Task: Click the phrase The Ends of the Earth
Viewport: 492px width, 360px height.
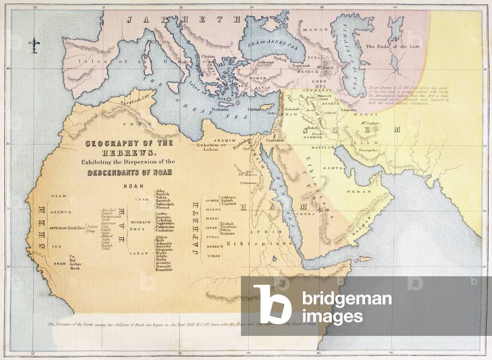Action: (x=393, y=47)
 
